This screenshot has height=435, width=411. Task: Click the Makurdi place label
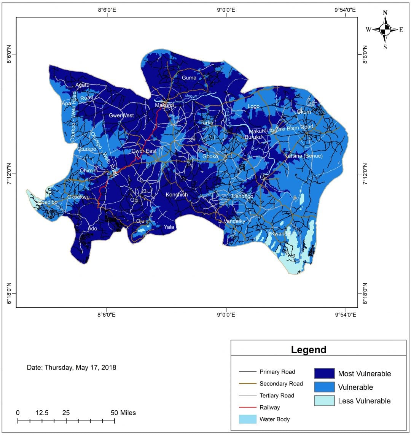(x=164, y=105)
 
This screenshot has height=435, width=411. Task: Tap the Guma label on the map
(x=189, y=78)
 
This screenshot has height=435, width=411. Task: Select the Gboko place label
(x=210, y=156)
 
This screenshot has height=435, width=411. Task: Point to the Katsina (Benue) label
(x=303, y=156)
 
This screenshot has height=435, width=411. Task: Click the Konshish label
(x=177, y=195)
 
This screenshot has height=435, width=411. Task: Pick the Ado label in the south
(x=92, y=229)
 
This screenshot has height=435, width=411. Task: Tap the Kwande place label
(x=280, y=234)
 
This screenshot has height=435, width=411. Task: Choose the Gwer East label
(x=144, y=151)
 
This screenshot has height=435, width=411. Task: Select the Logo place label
(x=253, y=106)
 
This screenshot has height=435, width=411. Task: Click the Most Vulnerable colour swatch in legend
(x=324, y=373)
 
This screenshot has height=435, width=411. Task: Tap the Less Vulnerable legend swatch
(x=324, y=401)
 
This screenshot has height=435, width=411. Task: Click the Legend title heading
(x=309, y=349)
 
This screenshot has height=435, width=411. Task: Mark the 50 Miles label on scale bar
(x=123, y=413)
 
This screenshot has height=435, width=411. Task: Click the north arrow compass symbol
(x=385, y=29)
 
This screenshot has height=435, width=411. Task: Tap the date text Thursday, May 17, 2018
(x=72, y=368)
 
